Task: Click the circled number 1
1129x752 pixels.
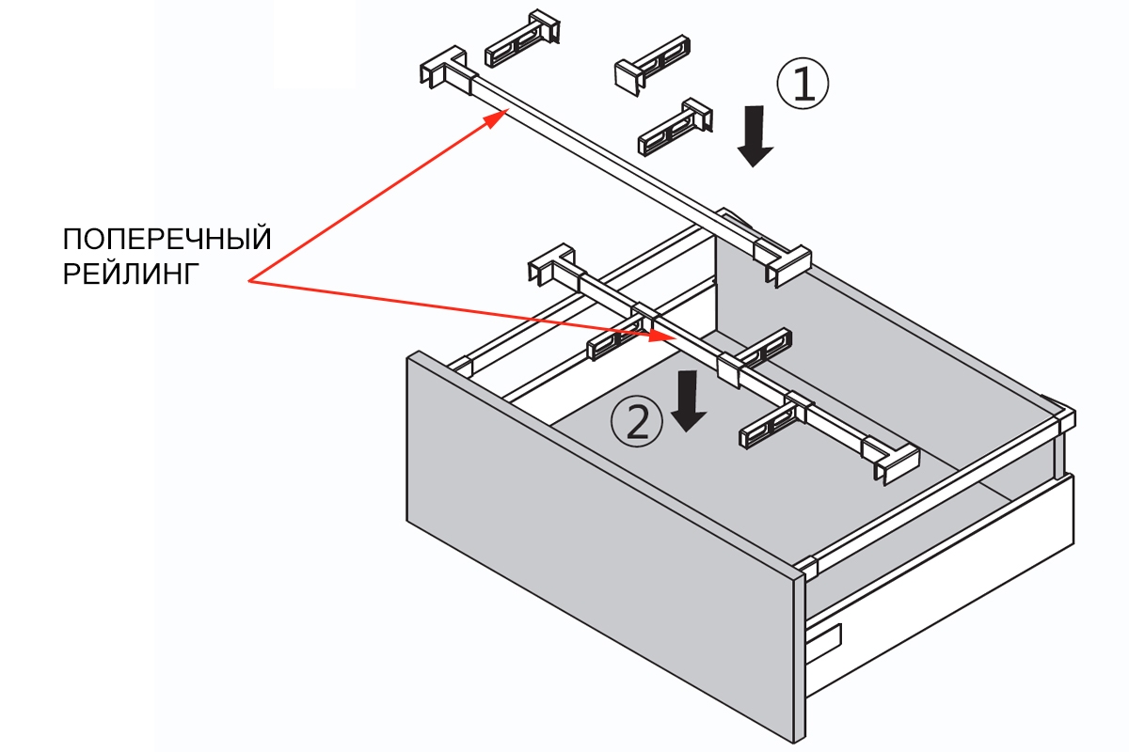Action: tap(802, 84)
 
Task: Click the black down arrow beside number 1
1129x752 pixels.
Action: tap(755, 135)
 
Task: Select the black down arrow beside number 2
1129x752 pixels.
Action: tap(690, 399)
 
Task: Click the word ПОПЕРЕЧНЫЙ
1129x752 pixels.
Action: tap(167, 239)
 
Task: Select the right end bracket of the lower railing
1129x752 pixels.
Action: tap(890, 462)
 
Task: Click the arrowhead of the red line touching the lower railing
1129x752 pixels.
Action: tap(662, 336)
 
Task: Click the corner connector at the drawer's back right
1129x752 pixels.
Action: tap(1058, 415)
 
